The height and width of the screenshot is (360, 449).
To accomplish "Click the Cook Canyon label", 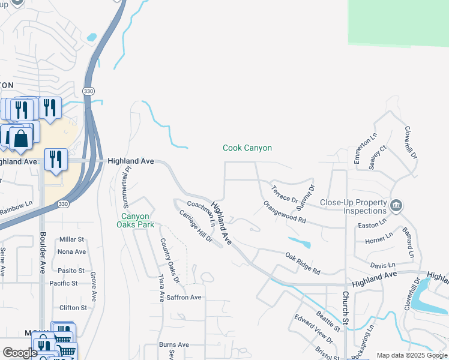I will pos(247,148).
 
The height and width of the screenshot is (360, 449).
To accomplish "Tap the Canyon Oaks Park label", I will pos(138,220).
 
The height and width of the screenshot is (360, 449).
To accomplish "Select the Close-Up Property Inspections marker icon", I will pos(396,206).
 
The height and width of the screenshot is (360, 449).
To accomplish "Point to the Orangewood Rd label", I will pos(285,212).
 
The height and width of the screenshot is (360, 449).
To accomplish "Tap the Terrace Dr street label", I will pos(285,194).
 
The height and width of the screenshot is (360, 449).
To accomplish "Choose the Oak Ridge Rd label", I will pos(303,263).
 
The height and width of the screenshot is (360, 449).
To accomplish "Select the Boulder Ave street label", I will pos(42,253).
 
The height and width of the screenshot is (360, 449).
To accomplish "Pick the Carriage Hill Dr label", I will pos(196,226).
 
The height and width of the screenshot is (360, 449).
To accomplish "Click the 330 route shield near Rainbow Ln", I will pos(63,205).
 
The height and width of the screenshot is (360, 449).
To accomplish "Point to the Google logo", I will pos(20,353).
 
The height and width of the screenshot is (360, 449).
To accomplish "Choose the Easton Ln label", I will pos(372,225).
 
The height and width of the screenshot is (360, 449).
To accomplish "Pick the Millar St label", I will pos(71,239).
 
